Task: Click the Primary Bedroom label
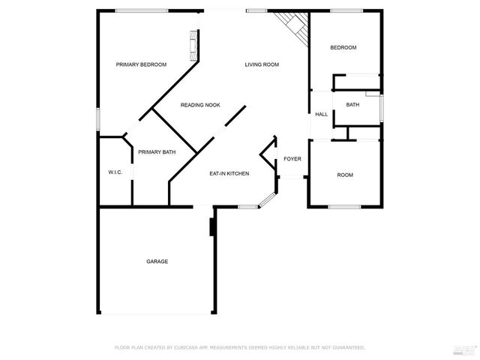click(x=141, y=64)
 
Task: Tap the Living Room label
click(x=262, y=64)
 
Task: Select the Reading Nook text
click(x=200, y=105)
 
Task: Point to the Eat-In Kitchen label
click(x=229, y=174)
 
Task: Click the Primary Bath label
click(x=157, y=152)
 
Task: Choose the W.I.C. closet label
click(x=115, y=172)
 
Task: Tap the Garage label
click(x=157, y=261)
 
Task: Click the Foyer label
click(x=292, y=159)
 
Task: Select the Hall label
click(x=321, y=115)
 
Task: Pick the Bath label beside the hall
click(x=352, y=104)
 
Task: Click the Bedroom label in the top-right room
click(x=343, y=48)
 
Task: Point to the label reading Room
click(x=345, y=175)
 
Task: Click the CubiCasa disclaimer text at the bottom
click(x=240, y=347)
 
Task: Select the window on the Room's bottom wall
click(x=344, y=207)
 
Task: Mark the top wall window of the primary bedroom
click(x=141, y=10)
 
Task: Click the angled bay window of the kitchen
click(x=267, y=199)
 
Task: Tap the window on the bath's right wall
click(x=382, y=106)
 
